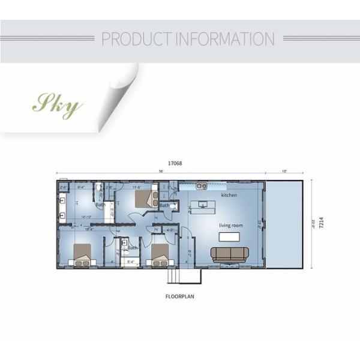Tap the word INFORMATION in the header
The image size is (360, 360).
[x=224, y=39]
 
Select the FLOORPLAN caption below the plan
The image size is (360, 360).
[x=179, y=296]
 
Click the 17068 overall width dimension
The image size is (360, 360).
[x=175, y=163]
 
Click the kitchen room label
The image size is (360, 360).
[x=229, y=196]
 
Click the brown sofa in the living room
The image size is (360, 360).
[x=229, y=254]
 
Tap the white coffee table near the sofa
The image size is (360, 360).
[x=229, y=236]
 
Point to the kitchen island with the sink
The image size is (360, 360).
[x=204, y=206]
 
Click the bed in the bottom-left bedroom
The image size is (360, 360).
[x=82, y=254]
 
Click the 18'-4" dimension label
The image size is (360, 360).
[x=89, y=229]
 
